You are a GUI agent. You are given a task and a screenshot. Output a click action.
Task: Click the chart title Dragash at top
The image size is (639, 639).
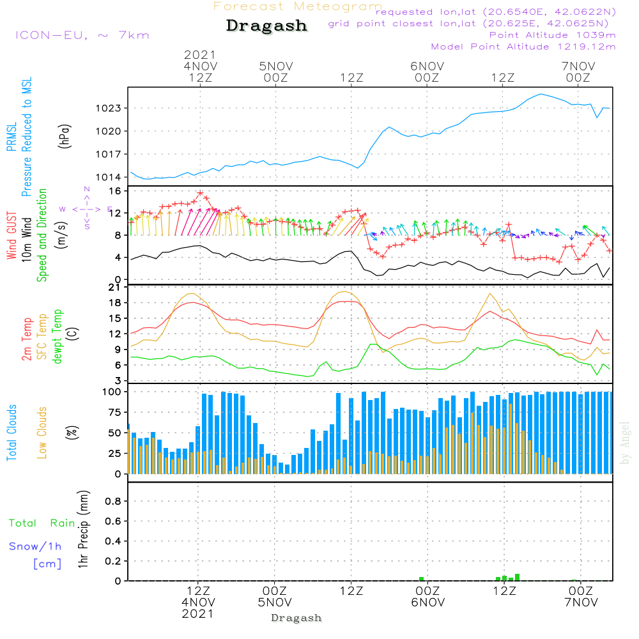[x=266, y=26]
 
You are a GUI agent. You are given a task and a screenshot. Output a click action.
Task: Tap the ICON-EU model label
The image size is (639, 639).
[x=82, y=35]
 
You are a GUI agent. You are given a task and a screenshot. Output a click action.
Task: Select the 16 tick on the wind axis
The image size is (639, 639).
[x=115, y=191]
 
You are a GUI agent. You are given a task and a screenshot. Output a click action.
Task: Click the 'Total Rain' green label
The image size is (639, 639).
[x=42, y=523]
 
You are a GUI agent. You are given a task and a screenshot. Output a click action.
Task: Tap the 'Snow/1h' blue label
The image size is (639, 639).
[x=36, y=547]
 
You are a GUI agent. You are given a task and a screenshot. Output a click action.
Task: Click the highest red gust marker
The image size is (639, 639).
[x=200, y=192]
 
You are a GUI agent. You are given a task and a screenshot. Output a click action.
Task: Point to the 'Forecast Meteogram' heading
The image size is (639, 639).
[x=297, y=6]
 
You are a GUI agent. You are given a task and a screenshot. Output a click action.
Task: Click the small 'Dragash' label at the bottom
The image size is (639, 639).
[x=296, y=618]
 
